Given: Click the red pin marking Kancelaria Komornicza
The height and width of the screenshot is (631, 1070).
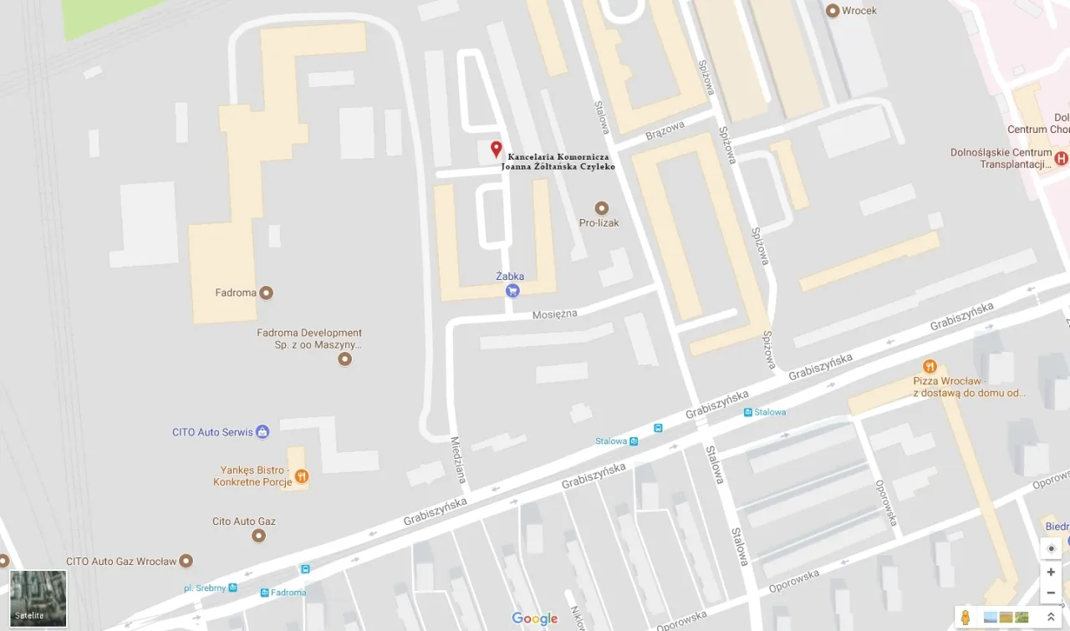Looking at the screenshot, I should [496, 150].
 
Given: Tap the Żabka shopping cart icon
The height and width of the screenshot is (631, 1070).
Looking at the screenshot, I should [512, 291].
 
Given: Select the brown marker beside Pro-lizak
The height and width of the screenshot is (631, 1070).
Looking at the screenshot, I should [601, 208].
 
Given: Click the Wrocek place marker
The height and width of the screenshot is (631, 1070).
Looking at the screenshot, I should [832, 11].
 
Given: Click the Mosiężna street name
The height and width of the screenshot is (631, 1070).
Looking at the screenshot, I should [555, 314].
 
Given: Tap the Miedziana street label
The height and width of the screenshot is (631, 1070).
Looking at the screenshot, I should [458, 459].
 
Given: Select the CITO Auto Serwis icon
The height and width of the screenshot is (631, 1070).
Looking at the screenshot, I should [262, 432].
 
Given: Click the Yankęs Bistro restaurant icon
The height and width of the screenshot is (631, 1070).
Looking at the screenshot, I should [301, 476].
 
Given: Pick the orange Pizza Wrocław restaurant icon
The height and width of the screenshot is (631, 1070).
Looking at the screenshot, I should [929, 366].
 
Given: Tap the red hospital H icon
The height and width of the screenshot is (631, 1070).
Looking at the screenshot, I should [1061, 158].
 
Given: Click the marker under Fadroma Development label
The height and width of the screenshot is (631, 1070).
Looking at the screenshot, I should [344, 359].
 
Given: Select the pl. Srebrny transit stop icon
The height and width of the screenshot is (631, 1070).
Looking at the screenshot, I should [233, 588].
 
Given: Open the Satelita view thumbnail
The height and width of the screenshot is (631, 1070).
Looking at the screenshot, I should [38, 598].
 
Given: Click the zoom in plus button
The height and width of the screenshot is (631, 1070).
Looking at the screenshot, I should [1051, 572].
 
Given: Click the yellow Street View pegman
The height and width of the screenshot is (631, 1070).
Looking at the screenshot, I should [966, 618].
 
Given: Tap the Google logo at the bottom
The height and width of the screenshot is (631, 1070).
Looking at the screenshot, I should [534, 618].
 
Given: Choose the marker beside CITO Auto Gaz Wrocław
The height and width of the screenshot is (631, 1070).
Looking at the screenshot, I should [186, 561].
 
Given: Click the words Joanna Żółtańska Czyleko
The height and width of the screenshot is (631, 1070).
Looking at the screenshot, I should [558, 166].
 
